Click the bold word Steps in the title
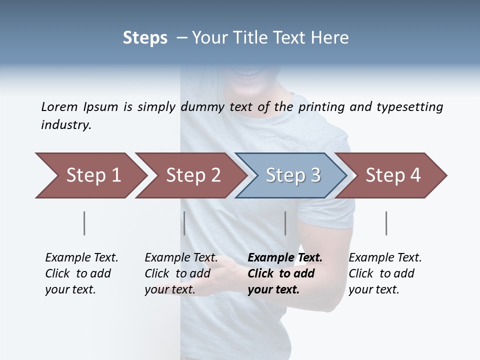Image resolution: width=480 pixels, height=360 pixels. tap(145, 38)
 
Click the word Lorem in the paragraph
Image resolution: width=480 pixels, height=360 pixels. tap(59, 107)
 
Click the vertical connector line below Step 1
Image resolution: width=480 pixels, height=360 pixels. tap(84, 223)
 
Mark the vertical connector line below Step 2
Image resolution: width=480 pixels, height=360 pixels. tap(184, 223)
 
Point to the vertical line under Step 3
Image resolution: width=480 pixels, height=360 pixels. tap(285, 223)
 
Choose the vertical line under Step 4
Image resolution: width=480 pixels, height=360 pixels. tap(386, 223)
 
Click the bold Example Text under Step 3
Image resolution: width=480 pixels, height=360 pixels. tap(285, 258)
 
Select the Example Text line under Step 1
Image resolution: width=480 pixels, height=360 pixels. tap(81, 258)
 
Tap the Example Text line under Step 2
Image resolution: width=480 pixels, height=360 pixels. tap(181, 258)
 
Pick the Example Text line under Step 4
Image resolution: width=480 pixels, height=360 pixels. tap(385, 258)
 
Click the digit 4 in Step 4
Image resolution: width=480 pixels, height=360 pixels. tap(414, 175)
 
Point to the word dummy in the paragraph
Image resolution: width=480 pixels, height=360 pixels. tap(204, 107)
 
